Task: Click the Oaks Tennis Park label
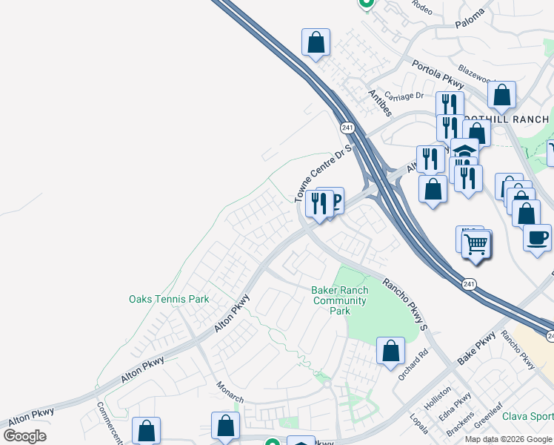[x=169, y=300]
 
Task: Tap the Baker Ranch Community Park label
[x=341, y=300]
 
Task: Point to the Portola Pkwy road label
[x=438, y=73]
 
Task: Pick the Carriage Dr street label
[x=409, y=96]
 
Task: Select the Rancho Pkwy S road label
[x=405, y=303]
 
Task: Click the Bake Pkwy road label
[x=476, y=349]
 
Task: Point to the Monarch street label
[x=230, y=392]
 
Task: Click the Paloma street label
[x=470, y=16]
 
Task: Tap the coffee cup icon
[x=537, y=237]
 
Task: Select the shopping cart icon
[x=477, y=245]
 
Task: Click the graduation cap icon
[x=464, y=149]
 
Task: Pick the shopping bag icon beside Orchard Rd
[x=390, y=351]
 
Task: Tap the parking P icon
[x=335, y=200]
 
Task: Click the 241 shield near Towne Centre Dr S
[x=347, y=128]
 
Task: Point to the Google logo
[x=25, y=436]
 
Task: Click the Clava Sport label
[x=528, y=416]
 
